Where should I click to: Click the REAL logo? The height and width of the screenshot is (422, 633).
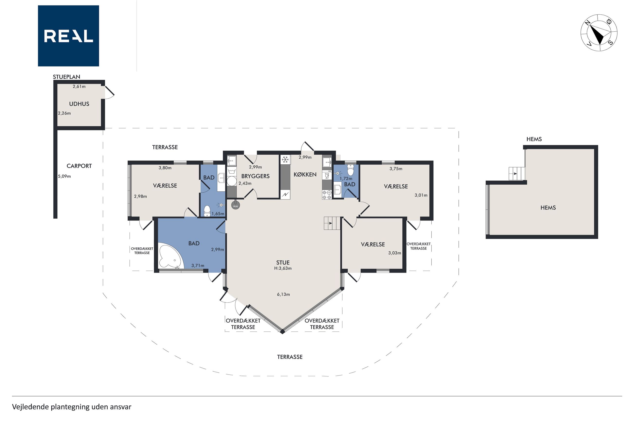[x=68, y=36]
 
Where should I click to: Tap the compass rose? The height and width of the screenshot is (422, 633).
[x=599, y=33]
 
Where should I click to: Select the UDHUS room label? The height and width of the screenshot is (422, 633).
[x=79, y=104]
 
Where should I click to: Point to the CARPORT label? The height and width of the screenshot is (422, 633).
[x=79, y=166]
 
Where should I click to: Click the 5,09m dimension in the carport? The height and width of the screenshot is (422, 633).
[x=64, y=177]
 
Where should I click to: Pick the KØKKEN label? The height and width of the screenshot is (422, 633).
[x=305, y=175]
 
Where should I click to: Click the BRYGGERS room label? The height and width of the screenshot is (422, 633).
[x=255, y=176]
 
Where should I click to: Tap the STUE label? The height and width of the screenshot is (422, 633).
[x=283, y=263]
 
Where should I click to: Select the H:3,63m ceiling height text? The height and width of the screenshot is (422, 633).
[x=283, y=268]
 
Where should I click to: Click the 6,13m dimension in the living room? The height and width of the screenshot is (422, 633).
[x=283, y=294]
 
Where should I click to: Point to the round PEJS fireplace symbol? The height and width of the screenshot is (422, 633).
[x=235, y=206]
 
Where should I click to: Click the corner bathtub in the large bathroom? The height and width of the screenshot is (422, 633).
[x=171, y=255]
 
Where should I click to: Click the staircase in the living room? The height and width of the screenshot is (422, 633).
[x=332, y=223]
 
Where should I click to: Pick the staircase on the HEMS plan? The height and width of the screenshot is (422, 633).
[x=517, y=174]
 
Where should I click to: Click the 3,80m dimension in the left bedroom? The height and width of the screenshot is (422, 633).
[x=165, y=168]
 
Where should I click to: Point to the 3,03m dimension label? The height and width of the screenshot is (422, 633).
[x=394, y=253]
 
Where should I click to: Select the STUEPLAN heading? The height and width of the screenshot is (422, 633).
[x=66, y=77]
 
